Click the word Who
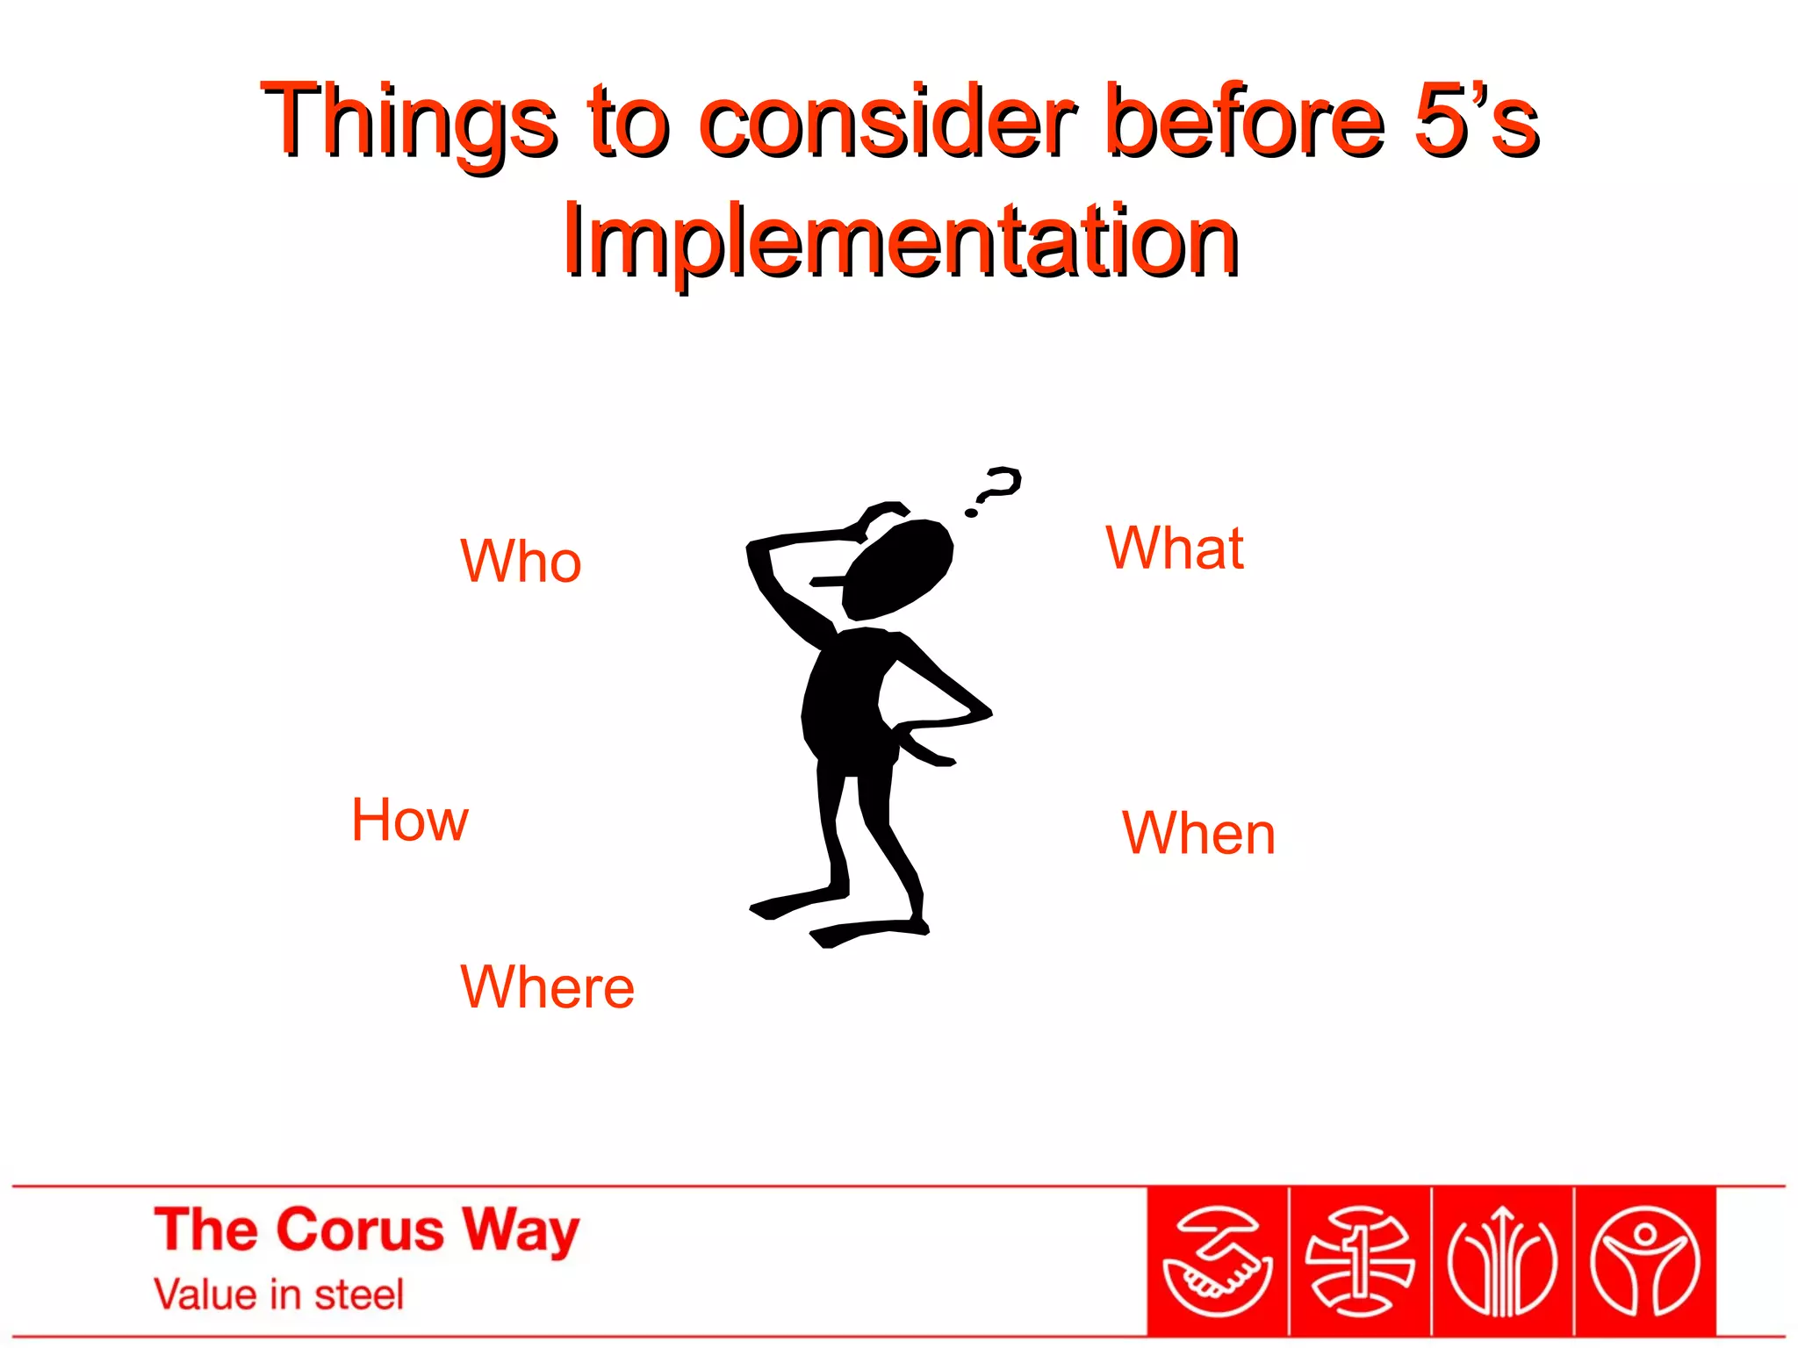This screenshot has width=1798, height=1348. pyautogui.click(x=521, y=561)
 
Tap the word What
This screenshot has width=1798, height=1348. pyautogui.click(x=1174, y=548)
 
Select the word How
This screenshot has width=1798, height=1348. pyautogui.click(x=410, y=820)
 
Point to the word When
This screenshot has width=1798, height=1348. pyautogui.click(x=1198, y=833)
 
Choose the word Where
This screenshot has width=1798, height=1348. pyautogui.click(x=547, y=986)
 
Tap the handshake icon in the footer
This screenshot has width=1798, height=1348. pyautogui.click(x=1217, y=1262)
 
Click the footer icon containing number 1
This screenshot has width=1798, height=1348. pyautogui.click(x=1359, y=1262)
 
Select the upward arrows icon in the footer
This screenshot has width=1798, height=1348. pyautogui.click(x=1502, y=1262)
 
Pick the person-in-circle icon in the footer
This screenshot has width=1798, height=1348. pyautogui.click(x=1645, y=1262)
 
